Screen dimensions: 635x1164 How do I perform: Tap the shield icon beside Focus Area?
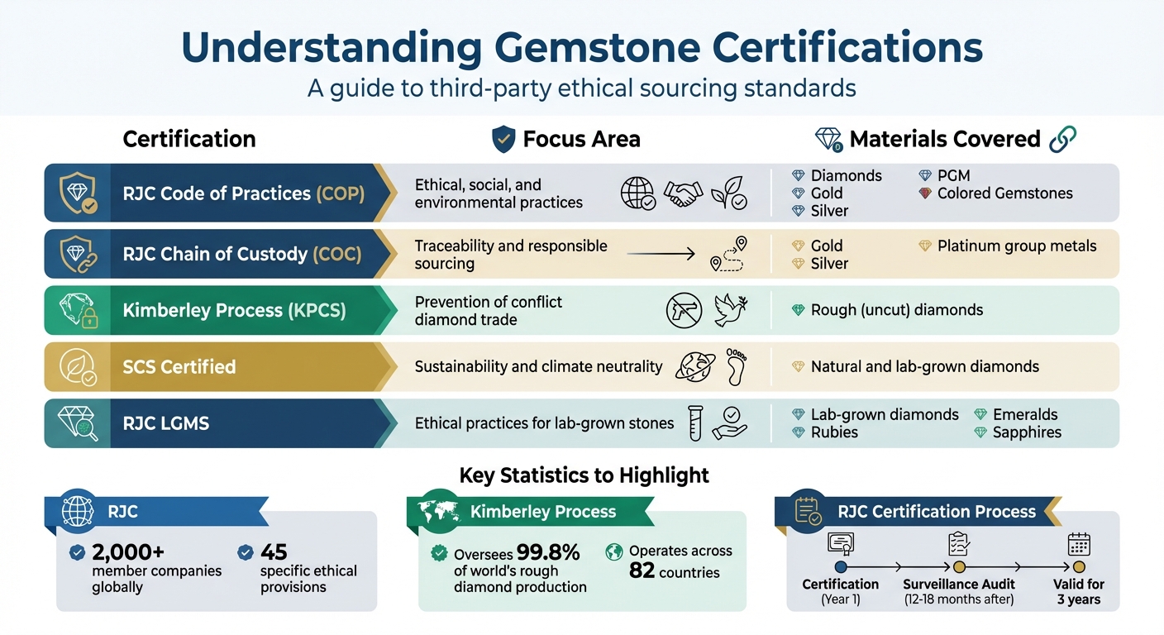pos(503,139)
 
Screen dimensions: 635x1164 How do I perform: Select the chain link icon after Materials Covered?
pos(1062,139)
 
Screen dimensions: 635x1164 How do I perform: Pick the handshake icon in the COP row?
pos(683,194)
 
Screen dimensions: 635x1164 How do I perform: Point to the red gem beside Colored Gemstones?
pos(925,193)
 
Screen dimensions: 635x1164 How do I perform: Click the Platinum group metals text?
pos(1017,246)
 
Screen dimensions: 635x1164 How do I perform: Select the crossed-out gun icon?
pos(684,311)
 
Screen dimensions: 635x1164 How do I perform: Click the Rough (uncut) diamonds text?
pos(897,310)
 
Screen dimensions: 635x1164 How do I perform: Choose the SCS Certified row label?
pos(179,366)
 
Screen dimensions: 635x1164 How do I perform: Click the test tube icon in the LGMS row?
pos(695,422)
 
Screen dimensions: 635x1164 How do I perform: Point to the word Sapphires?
pos(1027,432)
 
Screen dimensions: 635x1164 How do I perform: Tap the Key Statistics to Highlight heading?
pos(584,475)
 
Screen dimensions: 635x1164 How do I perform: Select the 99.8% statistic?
pos(548,552)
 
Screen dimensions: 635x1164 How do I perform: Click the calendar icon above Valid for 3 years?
pos(1079,544)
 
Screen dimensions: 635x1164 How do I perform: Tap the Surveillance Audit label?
pos(959,584)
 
